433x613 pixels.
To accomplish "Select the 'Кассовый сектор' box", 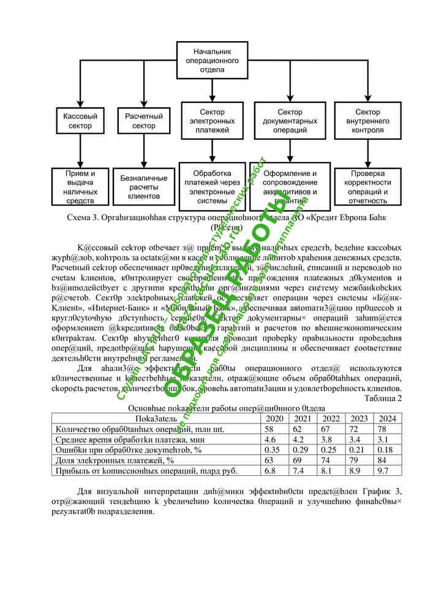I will tap(77, 121).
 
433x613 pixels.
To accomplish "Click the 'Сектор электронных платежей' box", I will tap(212, 121).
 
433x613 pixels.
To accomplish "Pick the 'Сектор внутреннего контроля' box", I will tap(368, 121).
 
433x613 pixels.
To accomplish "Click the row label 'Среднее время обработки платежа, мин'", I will tap(130, 440).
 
